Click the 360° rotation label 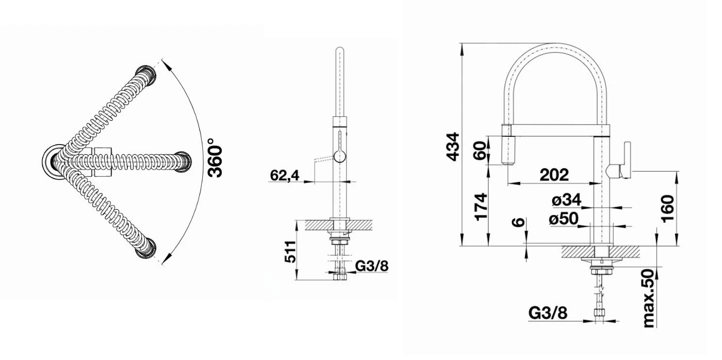(215, 158)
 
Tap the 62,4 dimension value (284, 176)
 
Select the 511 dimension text (290, 252)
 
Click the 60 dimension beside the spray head (480, 151)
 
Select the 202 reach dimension (554, 174)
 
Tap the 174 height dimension (480, 207)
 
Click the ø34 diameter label (566, 199)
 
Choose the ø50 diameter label (564, 218)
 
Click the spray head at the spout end (507, 145)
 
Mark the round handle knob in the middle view (340, 156)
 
